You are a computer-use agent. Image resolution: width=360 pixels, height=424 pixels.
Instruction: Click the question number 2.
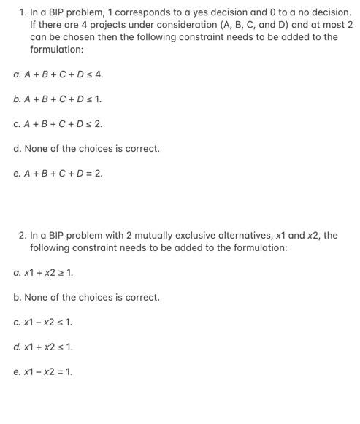(x=22, y=236)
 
